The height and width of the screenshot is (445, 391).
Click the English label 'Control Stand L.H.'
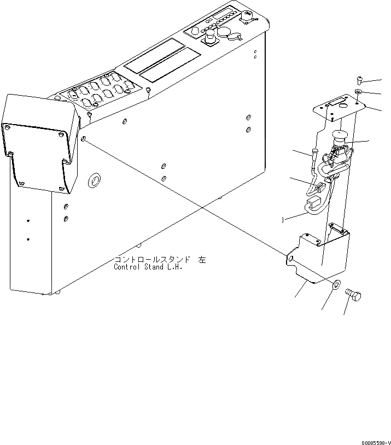pyautogui.click(x=148, y=268)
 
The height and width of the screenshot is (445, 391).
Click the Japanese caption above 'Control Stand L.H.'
pyautogui.click(x=160, y=260)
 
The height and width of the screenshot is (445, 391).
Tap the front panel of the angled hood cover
pyautogui.click(x=36, y=156)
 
